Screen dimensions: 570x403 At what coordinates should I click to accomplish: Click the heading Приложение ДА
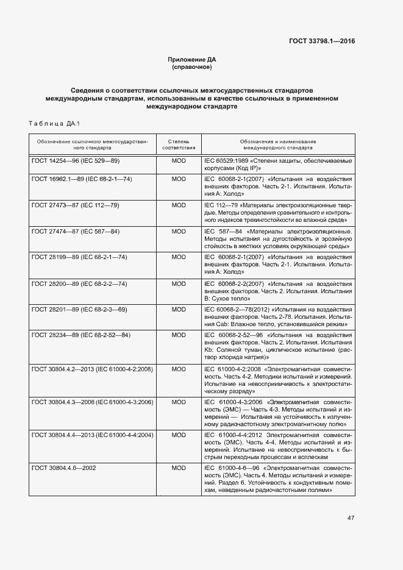(192, 59)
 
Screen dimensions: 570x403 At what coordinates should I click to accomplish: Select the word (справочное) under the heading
(192, 66)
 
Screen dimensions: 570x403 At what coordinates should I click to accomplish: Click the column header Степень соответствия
(179, 144)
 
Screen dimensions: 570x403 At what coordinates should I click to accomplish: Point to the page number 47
(351, 518)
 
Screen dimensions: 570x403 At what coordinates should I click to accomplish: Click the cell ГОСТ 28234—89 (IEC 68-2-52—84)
(81, 335)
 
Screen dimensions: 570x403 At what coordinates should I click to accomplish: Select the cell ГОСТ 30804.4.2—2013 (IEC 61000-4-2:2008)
(92, 369)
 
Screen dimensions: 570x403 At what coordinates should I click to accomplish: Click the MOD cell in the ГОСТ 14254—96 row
(179, 160)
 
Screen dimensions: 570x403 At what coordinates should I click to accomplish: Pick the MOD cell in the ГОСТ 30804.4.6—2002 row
(179, 468)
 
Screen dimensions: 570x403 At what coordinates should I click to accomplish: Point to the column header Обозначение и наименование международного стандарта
(278, 144)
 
